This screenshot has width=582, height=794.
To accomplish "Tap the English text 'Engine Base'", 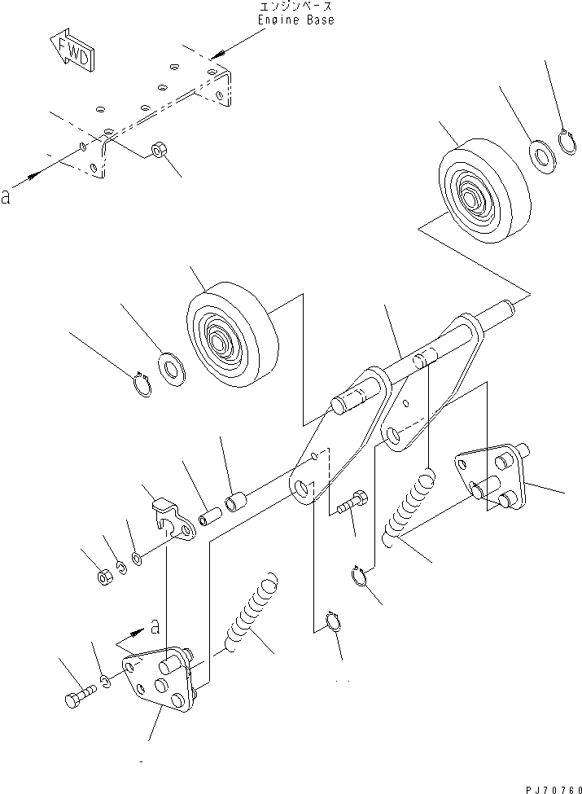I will (x=295, y=20).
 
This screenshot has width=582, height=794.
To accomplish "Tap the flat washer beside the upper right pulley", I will (x=540, y=154).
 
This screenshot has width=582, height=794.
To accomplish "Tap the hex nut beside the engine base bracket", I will (x=159, y=151).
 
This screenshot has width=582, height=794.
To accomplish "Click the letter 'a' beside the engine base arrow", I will (x=7, y=196).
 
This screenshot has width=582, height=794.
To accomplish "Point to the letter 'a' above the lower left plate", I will (x=152, y=626).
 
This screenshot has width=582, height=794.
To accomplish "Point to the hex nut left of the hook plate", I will (x=103, y=578).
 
